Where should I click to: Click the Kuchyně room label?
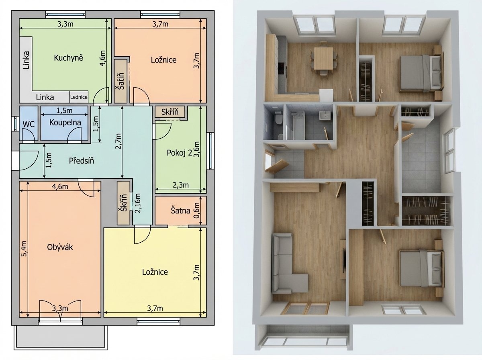pos(69,58)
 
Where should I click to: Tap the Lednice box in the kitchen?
pos(79,97)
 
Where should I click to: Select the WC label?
pos(29,124)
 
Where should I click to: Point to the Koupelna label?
pos(65,123)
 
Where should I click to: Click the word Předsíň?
pos(82,161)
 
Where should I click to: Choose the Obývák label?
pos(60,247)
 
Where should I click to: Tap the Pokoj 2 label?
pos(179,153)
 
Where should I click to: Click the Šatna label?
pos(180,211)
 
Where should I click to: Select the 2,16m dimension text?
pos(138,203)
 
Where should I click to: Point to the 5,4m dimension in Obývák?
pos(24,249)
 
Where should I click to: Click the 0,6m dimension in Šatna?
pos(197,211)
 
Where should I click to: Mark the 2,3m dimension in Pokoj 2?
pos(180,185)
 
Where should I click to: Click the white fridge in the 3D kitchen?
pos(326,95)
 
